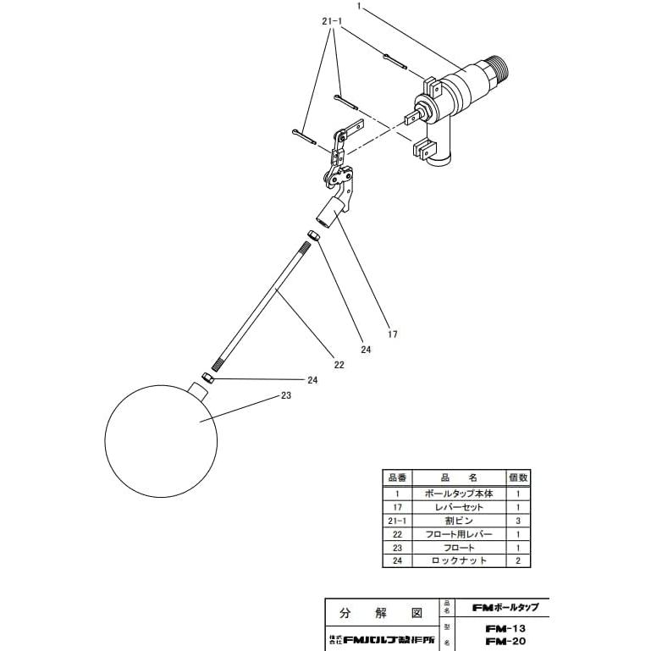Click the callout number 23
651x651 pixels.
[287, 395]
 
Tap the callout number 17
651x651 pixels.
[393, 334]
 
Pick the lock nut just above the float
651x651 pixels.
[207, 377]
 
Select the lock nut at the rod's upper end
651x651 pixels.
[312, 234]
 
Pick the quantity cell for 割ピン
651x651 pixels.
[518, 521]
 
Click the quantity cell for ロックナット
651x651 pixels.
[518, 561]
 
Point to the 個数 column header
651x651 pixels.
[518, 478]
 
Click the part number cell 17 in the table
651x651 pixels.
[396, 506]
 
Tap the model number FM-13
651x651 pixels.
[508, 629]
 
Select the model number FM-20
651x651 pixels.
[508, 642]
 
